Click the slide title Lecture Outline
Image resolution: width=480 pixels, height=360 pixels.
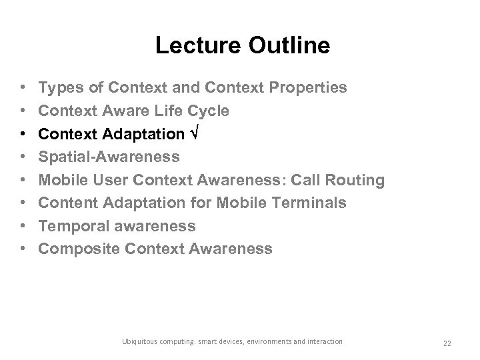click(x=242, y=45)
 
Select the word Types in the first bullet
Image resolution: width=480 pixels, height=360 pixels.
click(x=58, y=87)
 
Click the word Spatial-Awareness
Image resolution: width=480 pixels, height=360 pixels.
click(x=109, y=157)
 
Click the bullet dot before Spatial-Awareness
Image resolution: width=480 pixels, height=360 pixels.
click(x=23, y=157)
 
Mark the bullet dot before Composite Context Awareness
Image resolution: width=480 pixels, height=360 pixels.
click(x=23, y=249)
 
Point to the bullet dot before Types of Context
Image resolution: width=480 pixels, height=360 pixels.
click(x=23, y=88)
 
